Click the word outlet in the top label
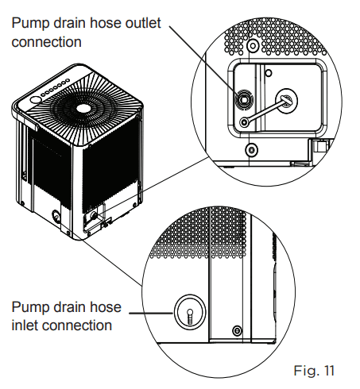(143, 23)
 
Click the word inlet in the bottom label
(24, 325)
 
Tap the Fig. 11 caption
(314, 371)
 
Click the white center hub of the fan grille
(83, 108)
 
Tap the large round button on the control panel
(36, 100)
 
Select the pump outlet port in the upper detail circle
(244, 100)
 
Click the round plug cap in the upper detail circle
(286, 101)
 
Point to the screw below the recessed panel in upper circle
(252, 150)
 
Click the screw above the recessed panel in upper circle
(253, 46)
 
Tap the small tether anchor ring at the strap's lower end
(245, 122)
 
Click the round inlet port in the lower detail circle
(190, 312)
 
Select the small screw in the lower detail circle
(237, 330)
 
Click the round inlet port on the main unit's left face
(56, 216)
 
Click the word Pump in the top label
(30, 24)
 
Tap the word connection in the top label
(46, 42)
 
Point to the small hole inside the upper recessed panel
(269, 73)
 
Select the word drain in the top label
(70, 23)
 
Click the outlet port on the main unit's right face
(93, 215)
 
